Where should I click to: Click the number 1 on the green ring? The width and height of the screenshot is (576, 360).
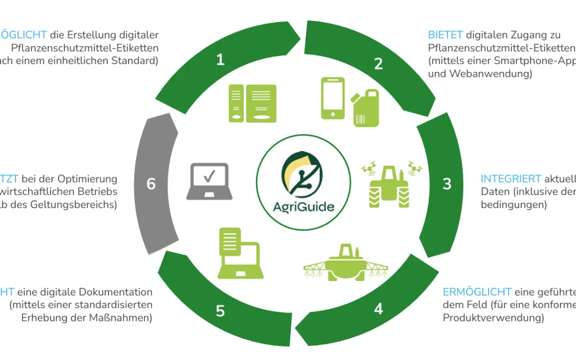pos(220,60)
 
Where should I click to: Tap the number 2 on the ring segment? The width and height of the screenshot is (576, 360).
pos(378,63)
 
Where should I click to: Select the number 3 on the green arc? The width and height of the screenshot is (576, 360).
pos(447,183)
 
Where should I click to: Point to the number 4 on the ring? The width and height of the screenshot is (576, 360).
pos(378,308)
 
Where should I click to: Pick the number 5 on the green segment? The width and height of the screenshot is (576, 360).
pos(220,311)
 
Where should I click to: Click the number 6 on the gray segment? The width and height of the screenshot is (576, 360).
pos(151,184)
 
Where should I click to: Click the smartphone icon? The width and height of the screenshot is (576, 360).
pos(332,97)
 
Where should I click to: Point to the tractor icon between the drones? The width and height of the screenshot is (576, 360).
pos(388,186)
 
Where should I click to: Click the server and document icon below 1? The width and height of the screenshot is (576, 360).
pos(252,103)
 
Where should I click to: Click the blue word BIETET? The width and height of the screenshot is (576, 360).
pos(445,35)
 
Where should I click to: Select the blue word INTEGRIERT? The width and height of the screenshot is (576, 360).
pos(511,179)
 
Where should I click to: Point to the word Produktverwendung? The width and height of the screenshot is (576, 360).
pos(493,318)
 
